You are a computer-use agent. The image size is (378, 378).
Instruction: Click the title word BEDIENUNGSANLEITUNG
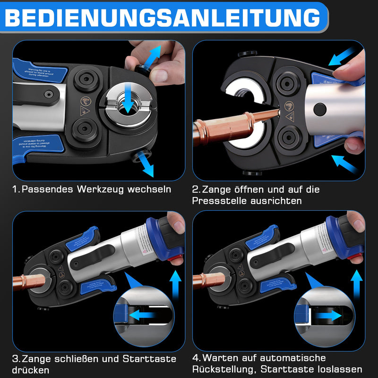click(x=163, y=17)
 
